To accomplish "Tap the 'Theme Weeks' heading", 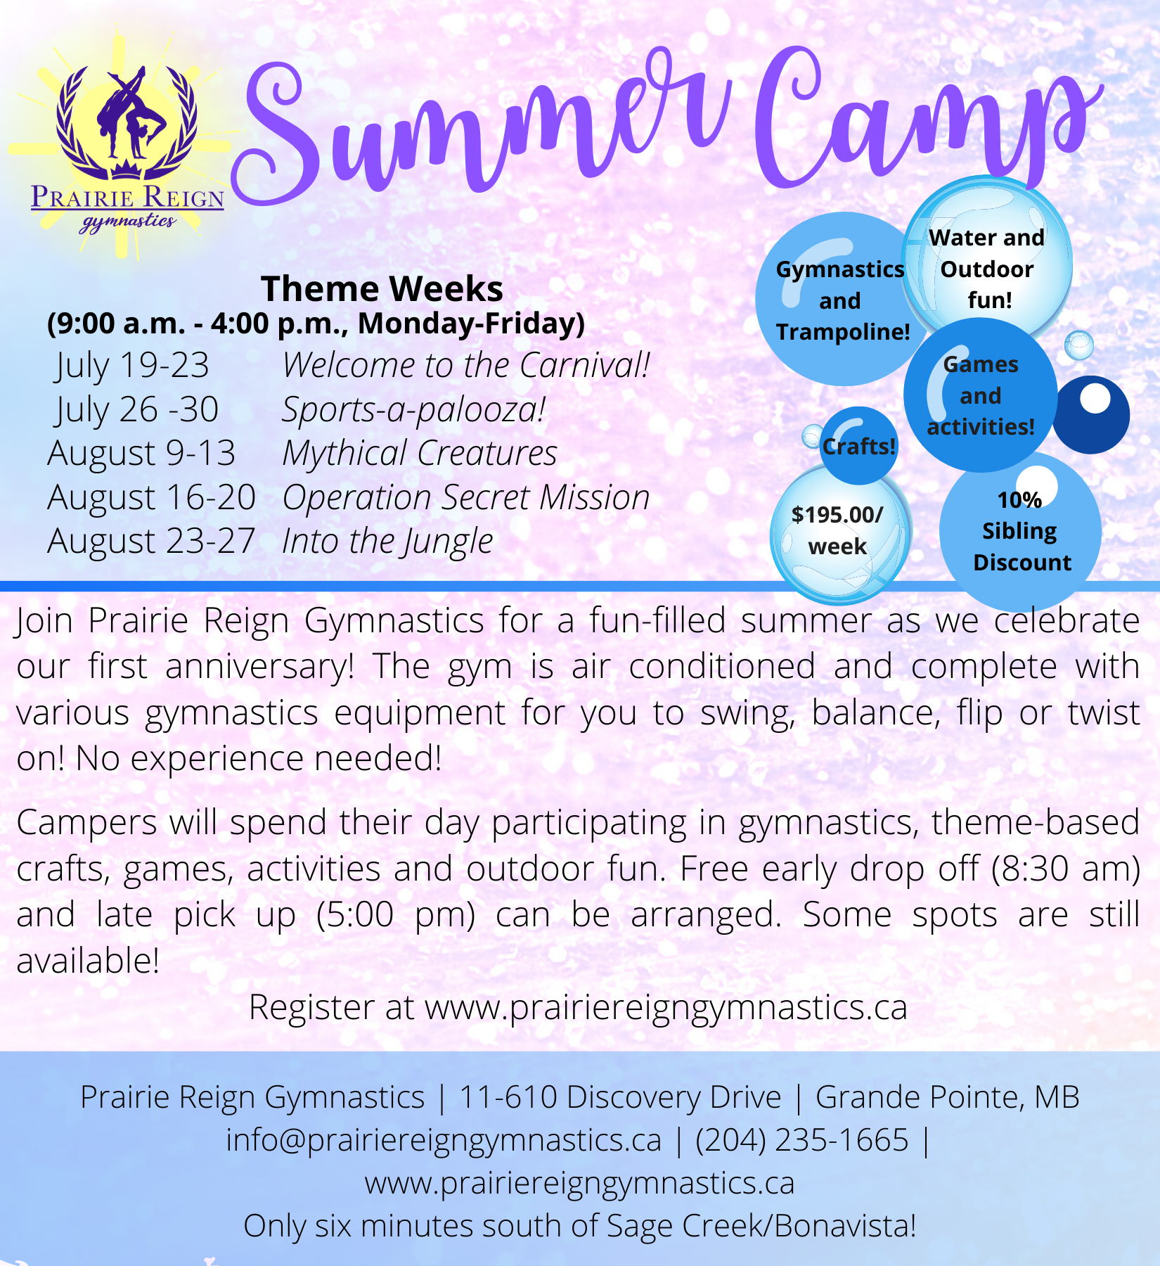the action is (x=382, y=288).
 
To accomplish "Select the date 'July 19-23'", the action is (x=132, y=366).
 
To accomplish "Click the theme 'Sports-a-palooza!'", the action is (x=413, y=410).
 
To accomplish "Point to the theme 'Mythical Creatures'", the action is (x=420, y=454).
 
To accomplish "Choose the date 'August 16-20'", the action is (x=151, y=498).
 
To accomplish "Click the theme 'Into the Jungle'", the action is (x=387, y=542).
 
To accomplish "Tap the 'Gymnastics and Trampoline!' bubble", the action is (x=842, y=300).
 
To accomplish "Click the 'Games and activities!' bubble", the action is (x=981, y=395).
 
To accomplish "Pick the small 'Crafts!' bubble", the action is (x=859, y=446).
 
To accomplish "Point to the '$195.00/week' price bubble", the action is (x=838, y=533).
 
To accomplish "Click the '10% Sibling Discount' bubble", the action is (x=1021, y=532).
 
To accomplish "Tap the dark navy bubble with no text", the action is (x=1091, y=415).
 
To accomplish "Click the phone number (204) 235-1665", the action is (x=802, y=1140).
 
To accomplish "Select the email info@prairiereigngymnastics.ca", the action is (x=444, y=1140).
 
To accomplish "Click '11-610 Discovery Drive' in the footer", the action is (x=620, y=1097).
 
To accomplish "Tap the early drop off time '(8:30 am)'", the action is (x=1066, y=869).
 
